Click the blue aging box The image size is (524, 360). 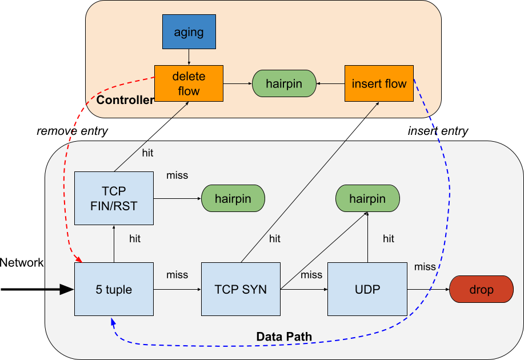[189, 32]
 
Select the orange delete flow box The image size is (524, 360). [189, 83]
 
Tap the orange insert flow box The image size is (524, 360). [379, 83]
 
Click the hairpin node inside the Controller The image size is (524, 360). [284, 83]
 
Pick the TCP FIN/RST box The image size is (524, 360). [114, 198]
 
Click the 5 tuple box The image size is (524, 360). [114, 289]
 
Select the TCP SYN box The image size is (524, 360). [241, 289]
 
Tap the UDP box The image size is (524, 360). [367, 289]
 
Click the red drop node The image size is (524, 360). [481, 290]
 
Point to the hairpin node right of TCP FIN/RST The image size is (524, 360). [233, 199]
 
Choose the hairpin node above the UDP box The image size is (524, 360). [367, 199]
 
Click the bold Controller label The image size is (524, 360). [125, 101]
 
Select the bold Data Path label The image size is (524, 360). [284, 337]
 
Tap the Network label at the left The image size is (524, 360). [22, 263]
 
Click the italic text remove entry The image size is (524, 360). [72, 131]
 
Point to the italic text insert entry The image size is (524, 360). [438, 131]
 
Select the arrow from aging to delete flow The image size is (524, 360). [189, 57]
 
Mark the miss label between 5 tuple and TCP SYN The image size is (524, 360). [177, 275]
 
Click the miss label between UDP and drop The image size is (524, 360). [425, 266]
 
